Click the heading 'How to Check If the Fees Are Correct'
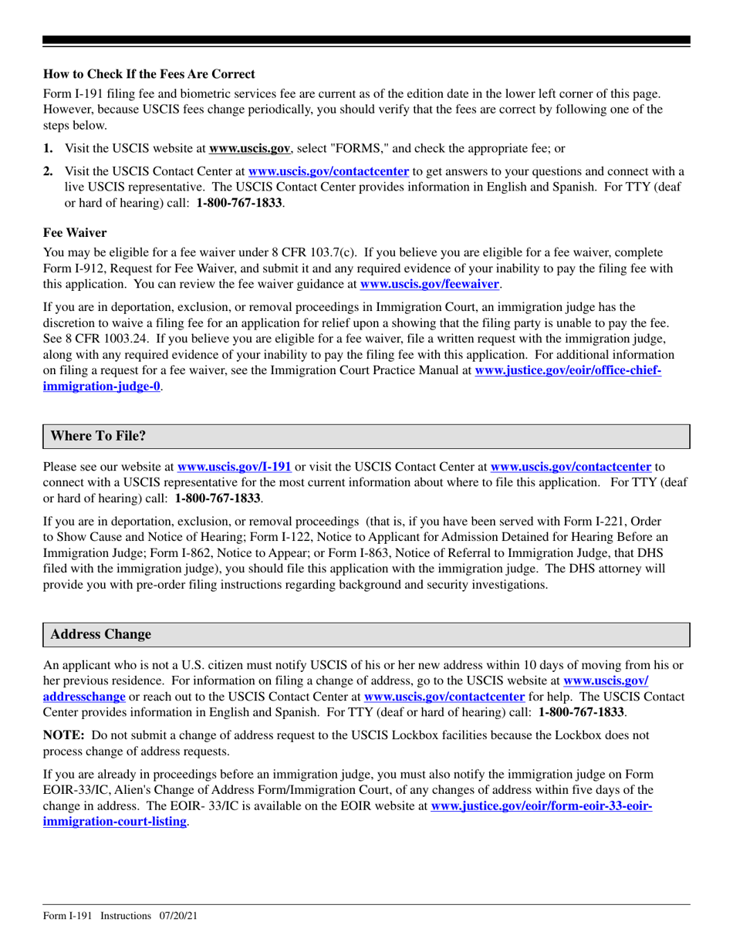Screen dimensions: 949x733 (148, 74)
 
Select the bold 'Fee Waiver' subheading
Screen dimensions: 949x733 (75, 232)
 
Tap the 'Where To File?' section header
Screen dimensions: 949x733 (98, 436)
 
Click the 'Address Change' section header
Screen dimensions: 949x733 (101, 634)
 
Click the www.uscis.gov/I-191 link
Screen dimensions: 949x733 (234, 466)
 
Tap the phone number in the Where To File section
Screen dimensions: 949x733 (218, 498)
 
